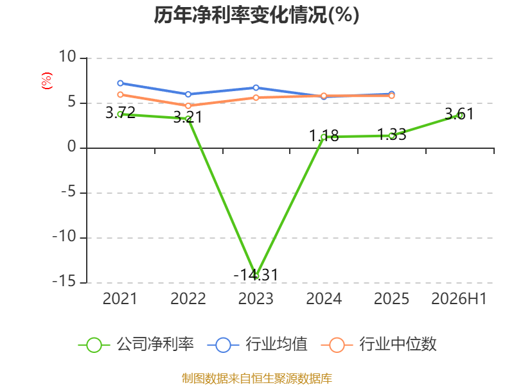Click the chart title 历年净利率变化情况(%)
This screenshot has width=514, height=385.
pos(256,15)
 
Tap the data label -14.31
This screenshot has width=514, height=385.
pos(256,275)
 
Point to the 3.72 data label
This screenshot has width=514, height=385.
pos(120,113)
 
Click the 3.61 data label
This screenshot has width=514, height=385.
pos(459,114)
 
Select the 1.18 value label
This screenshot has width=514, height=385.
pos(324,135)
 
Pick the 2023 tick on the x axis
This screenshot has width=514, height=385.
pos(256,298)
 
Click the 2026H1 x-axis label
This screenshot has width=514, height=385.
pos(459,298)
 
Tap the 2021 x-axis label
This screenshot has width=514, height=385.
pos(120,298)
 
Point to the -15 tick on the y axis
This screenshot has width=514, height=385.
pos(64,282)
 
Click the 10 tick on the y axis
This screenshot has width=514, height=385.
pos(67,57)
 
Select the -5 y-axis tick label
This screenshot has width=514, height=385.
pos(69,192)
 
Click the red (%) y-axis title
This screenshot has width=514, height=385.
pos(46,81)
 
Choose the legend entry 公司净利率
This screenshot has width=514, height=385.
pos(136,345)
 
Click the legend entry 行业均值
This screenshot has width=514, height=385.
pos(258,345)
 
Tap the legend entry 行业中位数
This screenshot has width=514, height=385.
pos(378,345)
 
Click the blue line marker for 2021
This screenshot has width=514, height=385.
pos(120,83)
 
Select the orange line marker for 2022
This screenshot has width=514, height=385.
pos(188,106)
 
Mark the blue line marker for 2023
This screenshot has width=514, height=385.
pos(256,88)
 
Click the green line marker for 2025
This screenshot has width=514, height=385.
pos(391,136)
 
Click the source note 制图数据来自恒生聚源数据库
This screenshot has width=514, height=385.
pos(257,379)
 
